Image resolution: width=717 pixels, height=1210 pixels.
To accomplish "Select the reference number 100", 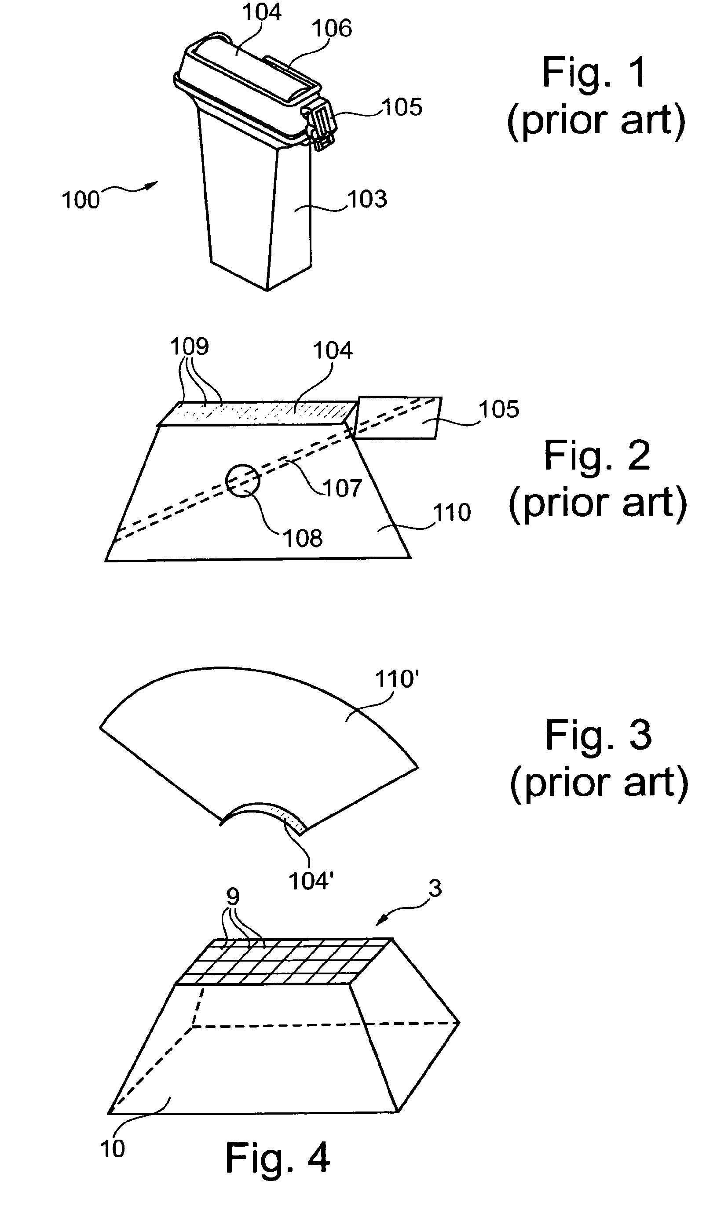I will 80,200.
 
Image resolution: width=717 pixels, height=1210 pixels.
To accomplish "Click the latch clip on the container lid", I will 319,124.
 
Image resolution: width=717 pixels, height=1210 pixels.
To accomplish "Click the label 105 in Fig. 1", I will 402,107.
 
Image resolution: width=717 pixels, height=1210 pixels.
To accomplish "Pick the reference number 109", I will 190,346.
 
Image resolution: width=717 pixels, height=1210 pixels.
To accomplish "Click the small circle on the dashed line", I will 242,481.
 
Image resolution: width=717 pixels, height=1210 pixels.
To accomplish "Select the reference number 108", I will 303,538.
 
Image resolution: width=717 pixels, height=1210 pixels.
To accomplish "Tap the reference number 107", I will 343,488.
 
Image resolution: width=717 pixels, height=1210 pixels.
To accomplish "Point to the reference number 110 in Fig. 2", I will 452,512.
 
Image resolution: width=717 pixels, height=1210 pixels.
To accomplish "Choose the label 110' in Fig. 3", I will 397,679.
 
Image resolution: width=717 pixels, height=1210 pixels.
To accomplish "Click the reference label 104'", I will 311,881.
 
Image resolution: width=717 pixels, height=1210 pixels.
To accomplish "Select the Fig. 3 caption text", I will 599,734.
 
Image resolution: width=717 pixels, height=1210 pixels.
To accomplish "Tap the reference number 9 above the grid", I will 233,897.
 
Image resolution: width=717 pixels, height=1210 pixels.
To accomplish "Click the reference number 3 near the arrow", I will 435,889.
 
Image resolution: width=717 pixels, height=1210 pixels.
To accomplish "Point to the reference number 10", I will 112,1149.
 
